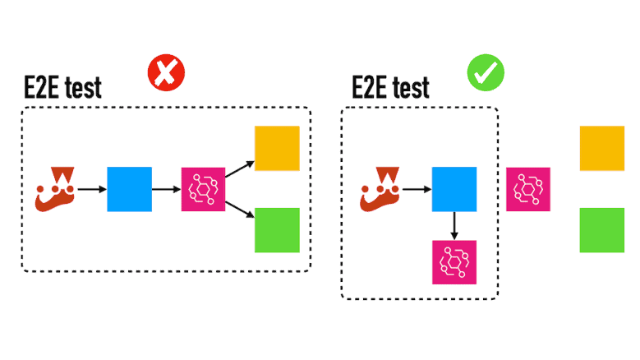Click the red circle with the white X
[x=166, y=74]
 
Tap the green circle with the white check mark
[x=486, y=73]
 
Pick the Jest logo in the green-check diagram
[x=380, y=188]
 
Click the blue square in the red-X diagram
[x=129, y=189]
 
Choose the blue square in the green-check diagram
[x=454, y=189]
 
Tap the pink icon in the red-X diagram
[x=203, y=189]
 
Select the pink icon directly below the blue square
[x=454, y=262]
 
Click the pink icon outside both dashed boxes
[x=527, y=189]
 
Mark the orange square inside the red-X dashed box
[x=277, y=148]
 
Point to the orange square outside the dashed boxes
[x=602, y=148]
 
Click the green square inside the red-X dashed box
[x=277, y=229]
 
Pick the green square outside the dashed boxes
[x=602, y=229]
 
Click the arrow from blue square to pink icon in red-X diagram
[x=166, y=189]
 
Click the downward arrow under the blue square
[x=454, y=225]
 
